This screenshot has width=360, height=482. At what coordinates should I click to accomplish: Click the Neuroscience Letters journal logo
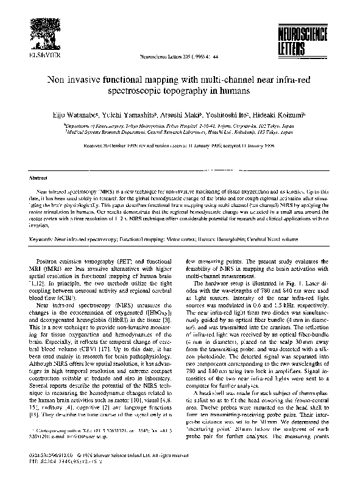point(308,37)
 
